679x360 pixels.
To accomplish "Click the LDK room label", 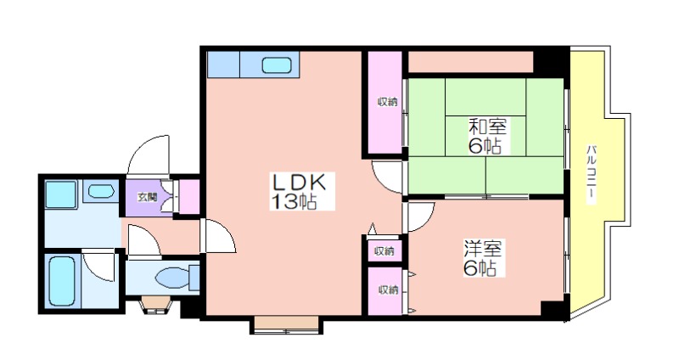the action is click(298, 182).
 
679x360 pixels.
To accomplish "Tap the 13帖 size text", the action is click(294, 201).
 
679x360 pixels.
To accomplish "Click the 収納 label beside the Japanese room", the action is click(388, 102).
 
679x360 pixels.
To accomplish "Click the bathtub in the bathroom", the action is click(62, 281).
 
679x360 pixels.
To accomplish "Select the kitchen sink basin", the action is click(277, 65).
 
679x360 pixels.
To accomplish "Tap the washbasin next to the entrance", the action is click(101, 191).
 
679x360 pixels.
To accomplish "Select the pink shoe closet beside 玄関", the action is click(189, 196).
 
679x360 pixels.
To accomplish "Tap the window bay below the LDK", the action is click(286, 324).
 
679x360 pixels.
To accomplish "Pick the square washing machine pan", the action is click(60, 194).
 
